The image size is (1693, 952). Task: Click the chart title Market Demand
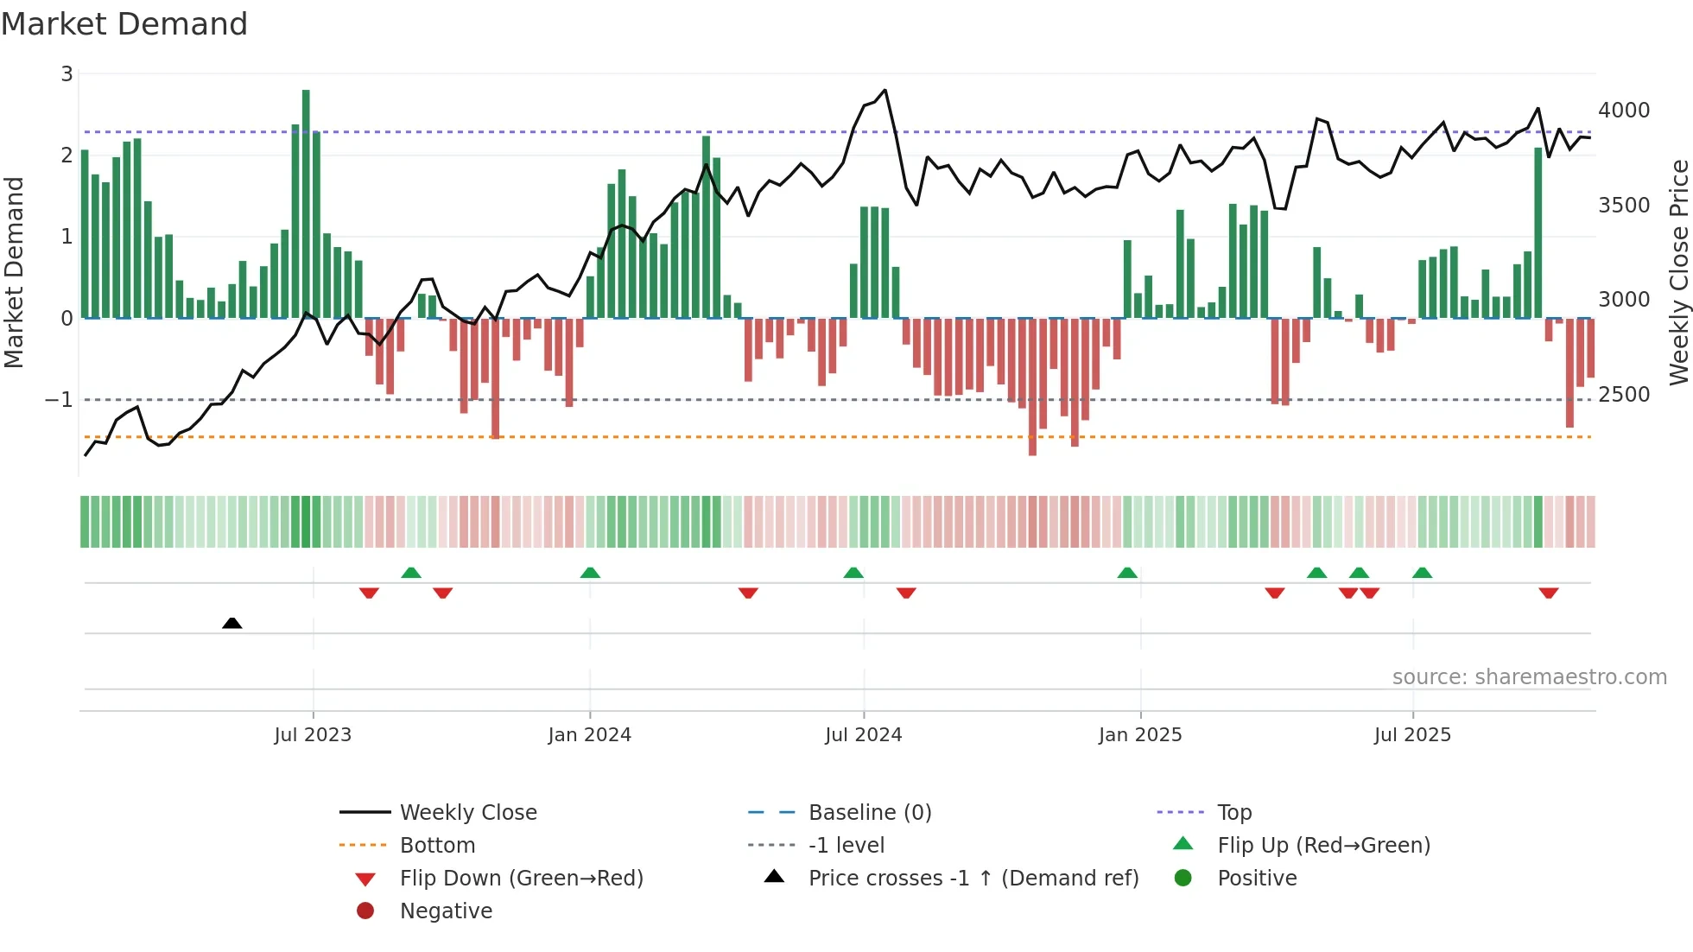click(x=124, y=24)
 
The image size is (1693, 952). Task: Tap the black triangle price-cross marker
click(x=231, y=623)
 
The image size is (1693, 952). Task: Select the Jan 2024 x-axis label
click(x=589, y=735)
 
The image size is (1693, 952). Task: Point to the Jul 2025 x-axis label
click(x=1412, y=735)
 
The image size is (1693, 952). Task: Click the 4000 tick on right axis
click(x=1624, y=111)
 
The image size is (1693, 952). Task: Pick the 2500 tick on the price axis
click(x=1624, y=395)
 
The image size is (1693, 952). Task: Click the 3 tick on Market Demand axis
click(x=67, y=74)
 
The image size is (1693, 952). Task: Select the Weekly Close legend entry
click(x=467, y=813)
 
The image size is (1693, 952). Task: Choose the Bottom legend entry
click(x=437, y=846)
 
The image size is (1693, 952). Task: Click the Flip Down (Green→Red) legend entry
click(x=521, y=879)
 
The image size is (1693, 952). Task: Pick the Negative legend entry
click(x=446, y=911)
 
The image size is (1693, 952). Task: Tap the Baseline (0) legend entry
click(x=869, y=813)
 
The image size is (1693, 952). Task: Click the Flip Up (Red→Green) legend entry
click(x=1323, y=846)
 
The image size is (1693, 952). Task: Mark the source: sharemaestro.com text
click(x=1529, y=677)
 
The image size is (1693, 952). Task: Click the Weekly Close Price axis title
click(x=1678, y=272)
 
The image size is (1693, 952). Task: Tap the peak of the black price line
click(x=885, y=90)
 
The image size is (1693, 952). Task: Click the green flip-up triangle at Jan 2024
click(x=590, y=573)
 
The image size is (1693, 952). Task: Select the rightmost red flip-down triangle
click(x=1548, y=593)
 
